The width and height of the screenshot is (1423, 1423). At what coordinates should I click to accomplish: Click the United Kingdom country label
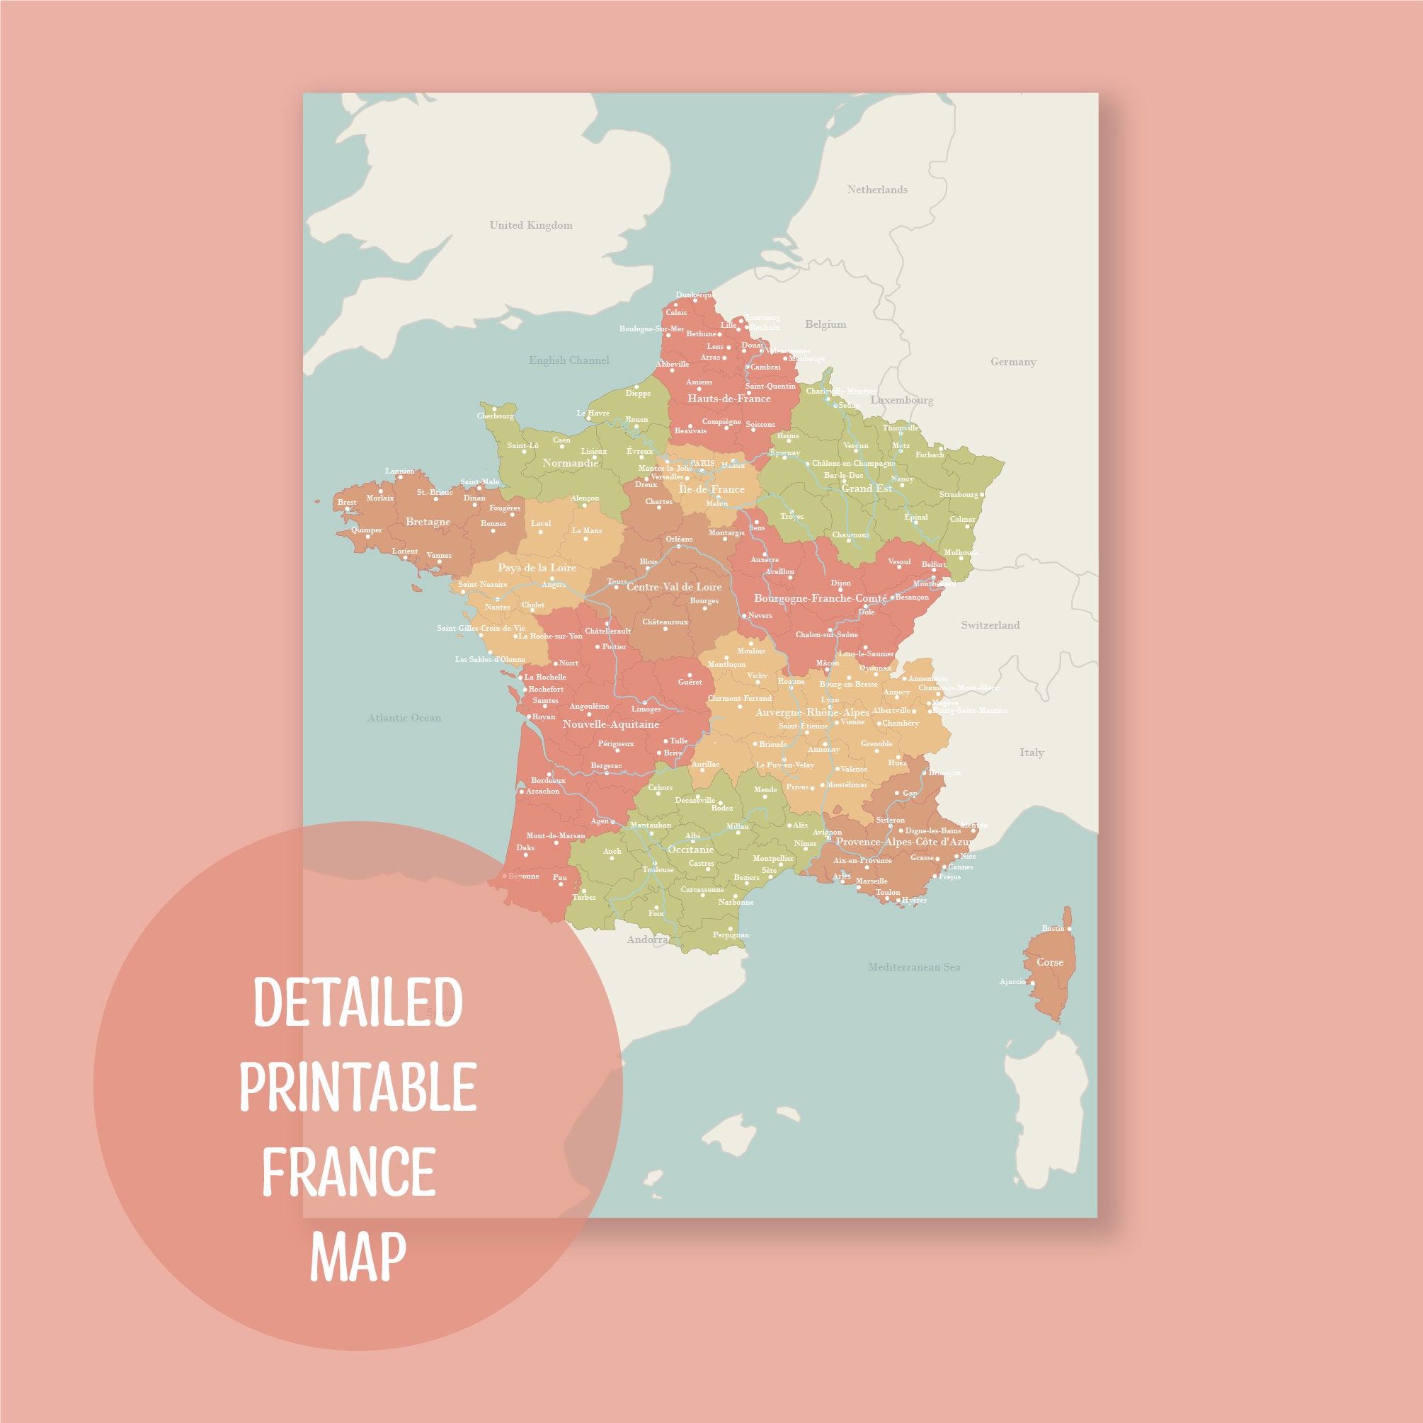tap(530, 225)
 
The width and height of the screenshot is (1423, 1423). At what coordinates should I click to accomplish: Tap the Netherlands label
tap(876, 190)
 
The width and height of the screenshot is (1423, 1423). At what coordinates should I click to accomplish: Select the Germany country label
tap(1013, 362)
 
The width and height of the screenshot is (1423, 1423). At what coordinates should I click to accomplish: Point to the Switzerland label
tap(990, 624)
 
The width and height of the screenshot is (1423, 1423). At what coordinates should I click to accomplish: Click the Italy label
tap(1031, 752)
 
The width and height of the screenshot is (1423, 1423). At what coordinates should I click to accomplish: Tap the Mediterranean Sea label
tap(913, 966)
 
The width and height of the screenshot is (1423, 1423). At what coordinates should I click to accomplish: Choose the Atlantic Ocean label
tap(404, 717)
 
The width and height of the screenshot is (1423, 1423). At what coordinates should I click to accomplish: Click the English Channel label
tap(568, 360)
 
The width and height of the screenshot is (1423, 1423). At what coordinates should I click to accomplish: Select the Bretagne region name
tap(427, 522)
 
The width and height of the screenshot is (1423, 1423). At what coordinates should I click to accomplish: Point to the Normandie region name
tap(570, 462)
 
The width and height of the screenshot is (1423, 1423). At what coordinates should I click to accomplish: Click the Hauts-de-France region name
tap(728, 399)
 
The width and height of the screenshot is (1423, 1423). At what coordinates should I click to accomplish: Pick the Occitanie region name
tap(690, 850)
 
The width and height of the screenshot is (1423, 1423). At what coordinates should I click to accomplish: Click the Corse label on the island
tap(1050, 962)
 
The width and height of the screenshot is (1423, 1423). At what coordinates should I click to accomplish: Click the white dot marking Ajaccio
tap(1032, 983)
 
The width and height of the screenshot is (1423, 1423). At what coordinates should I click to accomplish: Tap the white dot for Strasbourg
tap(982, 495)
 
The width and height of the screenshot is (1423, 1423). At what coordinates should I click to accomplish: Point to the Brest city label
tap(346, 503)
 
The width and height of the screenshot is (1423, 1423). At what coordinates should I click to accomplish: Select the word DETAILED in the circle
tap(358, 1002)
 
